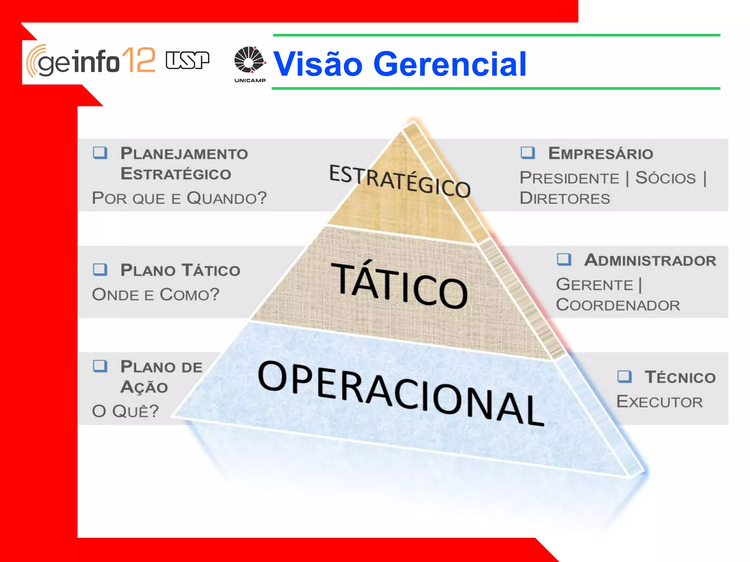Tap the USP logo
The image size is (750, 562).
point(187,60)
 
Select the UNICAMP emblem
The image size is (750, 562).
point(250,64)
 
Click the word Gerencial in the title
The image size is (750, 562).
point(450,64)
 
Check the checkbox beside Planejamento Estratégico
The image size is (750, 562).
point(100,153)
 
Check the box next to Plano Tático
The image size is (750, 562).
point(100,269)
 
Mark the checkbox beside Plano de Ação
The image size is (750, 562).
point(100,366)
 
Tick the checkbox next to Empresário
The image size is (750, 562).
point(528,153)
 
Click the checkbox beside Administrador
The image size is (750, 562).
point(564,259)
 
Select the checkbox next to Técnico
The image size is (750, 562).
point(624,376)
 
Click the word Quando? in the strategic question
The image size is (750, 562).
point(227,198)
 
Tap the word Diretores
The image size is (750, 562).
point(565,198)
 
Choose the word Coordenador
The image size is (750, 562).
point(618,305)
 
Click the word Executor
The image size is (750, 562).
point(660,402)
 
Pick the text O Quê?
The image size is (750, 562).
point(125,411)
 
